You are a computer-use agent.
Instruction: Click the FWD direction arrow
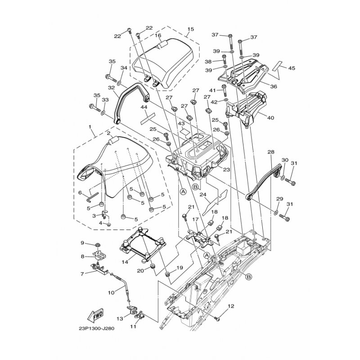[95, 315]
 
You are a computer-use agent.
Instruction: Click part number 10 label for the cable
[111, 293]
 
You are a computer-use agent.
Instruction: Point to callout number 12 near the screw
[231, 306]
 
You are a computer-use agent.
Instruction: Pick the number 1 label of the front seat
[90, 127]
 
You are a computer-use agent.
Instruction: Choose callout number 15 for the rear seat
[191, 29]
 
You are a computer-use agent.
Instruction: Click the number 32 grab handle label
[111, 87]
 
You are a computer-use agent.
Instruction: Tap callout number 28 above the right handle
[271, 152]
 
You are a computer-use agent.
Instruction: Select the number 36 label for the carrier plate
[274, 86]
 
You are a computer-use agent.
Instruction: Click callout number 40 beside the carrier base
[271, 118]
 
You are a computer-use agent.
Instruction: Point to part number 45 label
[292, 68]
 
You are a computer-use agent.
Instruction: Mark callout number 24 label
[203, 195]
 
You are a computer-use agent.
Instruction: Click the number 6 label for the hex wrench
[80, 193]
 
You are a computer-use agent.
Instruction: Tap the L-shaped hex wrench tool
[92, 197]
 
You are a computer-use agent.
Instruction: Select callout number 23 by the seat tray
[226, 170]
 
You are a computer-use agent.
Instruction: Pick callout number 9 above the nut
[83, 242]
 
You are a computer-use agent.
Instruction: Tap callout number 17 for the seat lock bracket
[195, 220]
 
